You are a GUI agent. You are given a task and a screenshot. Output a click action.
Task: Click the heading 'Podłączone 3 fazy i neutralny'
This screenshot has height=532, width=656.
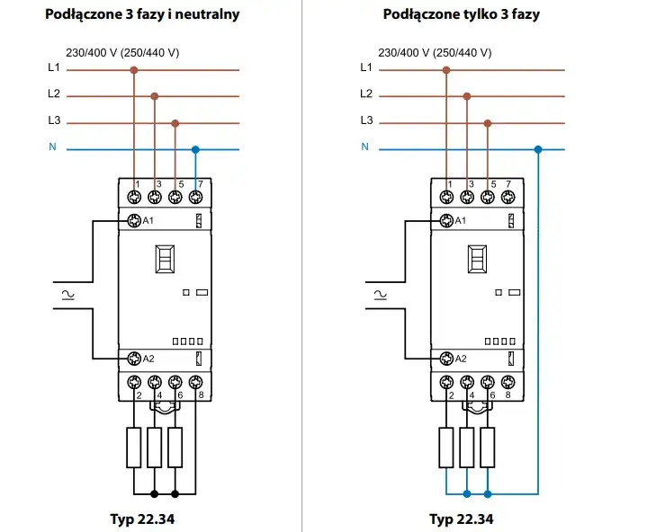[142, 14]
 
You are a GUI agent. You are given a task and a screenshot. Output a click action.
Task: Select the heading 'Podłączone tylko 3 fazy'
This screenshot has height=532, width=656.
[462, 14]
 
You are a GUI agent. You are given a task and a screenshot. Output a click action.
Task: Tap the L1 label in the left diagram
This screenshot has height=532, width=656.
[52, 68]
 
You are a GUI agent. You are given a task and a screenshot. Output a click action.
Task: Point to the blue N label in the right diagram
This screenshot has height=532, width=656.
[364, 147]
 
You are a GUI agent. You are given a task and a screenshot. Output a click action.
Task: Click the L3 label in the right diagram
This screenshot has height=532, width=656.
[366, 120]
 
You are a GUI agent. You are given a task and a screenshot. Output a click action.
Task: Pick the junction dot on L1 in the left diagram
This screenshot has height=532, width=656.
[135, 69]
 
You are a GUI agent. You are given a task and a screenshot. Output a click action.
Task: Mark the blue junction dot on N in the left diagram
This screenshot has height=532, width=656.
[195, 149]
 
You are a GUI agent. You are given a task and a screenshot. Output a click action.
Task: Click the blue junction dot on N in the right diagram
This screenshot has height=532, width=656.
[537, 149]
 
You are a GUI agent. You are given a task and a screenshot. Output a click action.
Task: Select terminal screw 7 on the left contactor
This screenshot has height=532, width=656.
[195, 197]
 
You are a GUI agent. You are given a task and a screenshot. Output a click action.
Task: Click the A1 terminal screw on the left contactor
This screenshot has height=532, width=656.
[133, 221]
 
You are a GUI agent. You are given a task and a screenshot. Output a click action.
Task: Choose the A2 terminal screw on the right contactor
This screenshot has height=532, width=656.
[446, 359]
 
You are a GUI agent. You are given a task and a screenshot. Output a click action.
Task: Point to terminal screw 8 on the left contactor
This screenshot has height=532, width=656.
[195, 382]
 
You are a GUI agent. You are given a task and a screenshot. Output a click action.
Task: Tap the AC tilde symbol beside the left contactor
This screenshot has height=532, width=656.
[66, 293]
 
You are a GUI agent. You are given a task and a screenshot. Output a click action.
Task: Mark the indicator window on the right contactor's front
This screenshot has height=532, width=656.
[476, 260]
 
